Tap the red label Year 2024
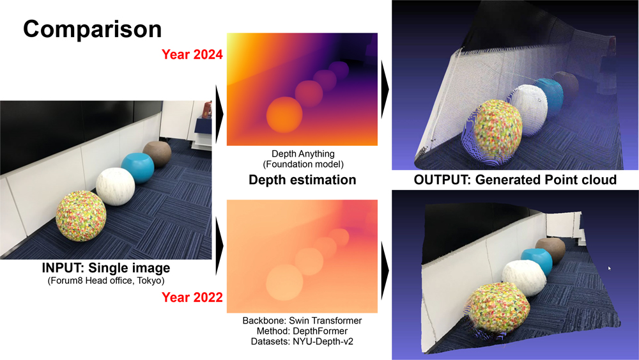click(x=192, y=54)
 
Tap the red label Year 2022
click(x=192, y=297)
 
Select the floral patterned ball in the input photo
click(x=81, y=215)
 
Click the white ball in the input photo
click(x=115, y=187)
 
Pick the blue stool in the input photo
click(x=138, y=168)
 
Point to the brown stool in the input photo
click(x=157, y=153)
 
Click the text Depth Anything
click(x=303, y=154)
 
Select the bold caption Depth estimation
click(x=302, y=180)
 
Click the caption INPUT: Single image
click(x=106, y=268)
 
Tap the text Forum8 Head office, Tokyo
click(x=106, y=281)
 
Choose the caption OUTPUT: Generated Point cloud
click(x=515, y=180)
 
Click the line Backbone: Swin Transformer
click(x=302, y=320)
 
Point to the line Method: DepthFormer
click(x=302, y=331)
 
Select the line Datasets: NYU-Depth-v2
click(x=302, y=341)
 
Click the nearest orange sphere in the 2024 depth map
click(x=284, y=114)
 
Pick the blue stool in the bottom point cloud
click(x=536, y=262)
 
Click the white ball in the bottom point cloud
click(x=524, y=278)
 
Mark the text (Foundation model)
click(x=303, y=164)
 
